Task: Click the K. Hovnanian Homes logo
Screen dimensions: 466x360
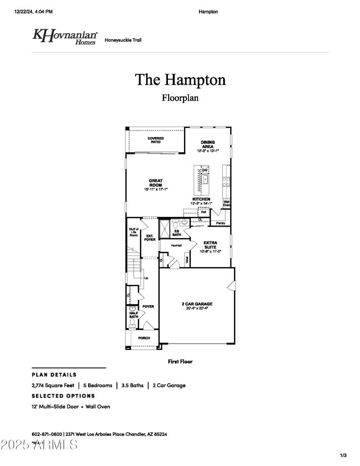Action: (64, 36)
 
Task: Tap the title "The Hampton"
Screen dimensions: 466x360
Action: (180, 80)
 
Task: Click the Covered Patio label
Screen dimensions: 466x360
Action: (156, 140)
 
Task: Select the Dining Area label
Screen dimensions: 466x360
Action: (207, 144)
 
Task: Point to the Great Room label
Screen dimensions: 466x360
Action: (156, 183)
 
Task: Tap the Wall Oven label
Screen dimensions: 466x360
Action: (227, 203)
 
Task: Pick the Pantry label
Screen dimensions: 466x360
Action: (220, 223)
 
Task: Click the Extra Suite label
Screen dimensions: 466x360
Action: (210, 245)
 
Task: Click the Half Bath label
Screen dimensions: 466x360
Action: (134, 315)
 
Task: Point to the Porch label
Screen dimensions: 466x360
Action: (144, 338)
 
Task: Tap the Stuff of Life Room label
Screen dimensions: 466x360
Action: (134, 233)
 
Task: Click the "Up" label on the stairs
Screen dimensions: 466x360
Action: (146, 278)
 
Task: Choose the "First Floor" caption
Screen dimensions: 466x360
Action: (180, 361)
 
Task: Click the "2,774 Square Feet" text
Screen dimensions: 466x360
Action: (53, 385)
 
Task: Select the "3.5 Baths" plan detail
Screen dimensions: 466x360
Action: (132, 385)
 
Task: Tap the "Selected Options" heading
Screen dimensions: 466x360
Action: (63, 396)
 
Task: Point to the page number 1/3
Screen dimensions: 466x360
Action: (343, 456)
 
